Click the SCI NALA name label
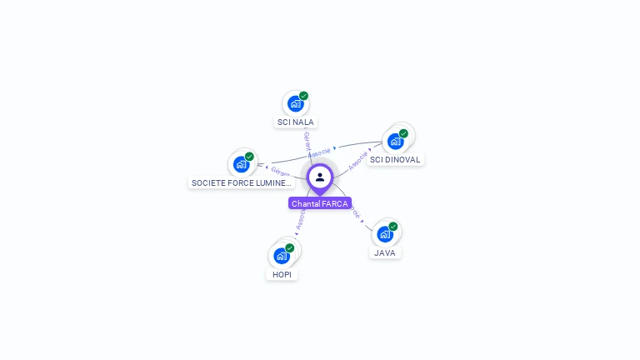(x=296, y=122)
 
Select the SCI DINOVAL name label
(x=395, y=159)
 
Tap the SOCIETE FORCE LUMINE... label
(x=242, y=182)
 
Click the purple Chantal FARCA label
(x=320, y=203)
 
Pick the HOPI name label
(x=282, y=274)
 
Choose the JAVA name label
(x=385, y=252)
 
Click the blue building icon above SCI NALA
(x=295, y=103)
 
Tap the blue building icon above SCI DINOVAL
(x=395, y=141)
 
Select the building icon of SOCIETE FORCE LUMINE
(x=241, y=164)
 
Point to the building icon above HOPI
(x=282, y=255)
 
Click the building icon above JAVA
(x=385, y=234)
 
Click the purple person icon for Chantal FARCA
(x=320, y=177)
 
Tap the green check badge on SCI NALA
(x=304, y=96)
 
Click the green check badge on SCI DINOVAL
(x=403, y=133)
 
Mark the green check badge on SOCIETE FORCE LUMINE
(x=249, y=157)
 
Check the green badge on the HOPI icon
(x=290, y=247)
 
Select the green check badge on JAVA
(x=393, y=227)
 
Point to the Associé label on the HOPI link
(x=302, y=219)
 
